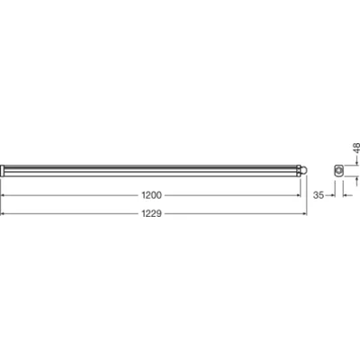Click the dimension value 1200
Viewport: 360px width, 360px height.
pos(151,193)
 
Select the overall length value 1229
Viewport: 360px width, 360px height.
pos(151,213)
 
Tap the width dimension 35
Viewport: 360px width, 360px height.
pos(319,193)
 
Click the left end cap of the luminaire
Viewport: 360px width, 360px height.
pos(3,170)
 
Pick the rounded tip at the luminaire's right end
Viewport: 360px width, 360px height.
pos(306,170)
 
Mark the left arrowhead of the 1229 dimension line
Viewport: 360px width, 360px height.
pos(4,213)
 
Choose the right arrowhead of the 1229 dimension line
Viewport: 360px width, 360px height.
pos(306,213)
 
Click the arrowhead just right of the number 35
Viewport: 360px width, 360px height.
pos(332,193)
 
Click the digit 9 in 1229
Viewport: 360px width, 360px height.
pos(162,213)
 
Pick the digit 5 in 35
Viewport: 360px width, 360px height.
pos(322,193)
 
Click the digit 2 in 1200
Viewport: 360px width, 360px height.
pos(148,193)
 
